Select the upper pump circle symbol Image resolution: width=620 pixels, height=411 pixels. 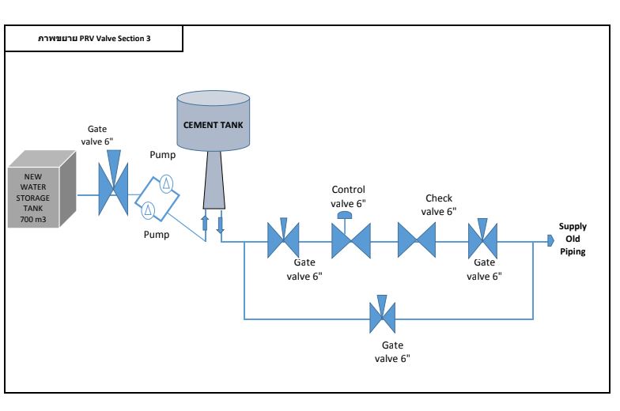click(167, 183)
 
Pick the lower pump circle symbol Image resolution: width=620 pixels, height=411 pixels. click(148, 209)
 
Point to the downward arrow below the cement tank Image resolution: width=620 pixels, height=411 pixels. click(221, 222)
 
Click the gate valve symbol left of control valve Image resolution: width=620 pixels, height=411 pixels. click(282, 238)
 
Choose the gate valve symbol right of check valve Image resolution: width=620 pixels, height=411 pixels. click(482, 237)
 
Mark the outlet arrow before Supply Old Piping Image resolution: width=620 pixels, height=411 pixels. click(550, 239)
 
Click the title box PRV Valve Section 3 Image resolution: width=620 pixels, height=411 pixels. click(95, 38)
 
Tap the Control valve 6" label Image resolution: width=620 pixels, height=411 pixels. click(349, 196)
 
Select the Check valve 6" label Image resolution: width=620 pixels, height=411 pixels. click(439, 205)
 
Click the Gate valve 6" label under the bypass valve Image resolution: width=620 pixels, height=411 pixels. click(391, 353)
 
